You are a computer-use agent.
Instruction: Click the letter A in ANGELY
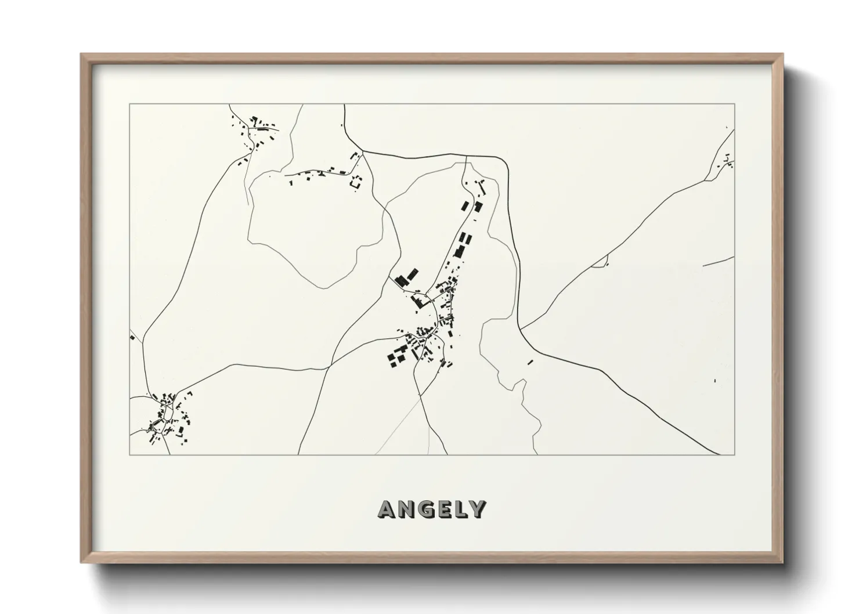[x=387, y=509]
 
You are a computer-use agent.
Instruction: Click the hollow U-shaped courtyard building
[x=356, y=181]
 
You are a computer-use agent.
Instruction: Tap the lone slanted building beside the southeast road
[x=530, y=362]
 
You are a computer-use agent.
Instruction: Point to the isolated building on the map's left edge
[x=132, y=337]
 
